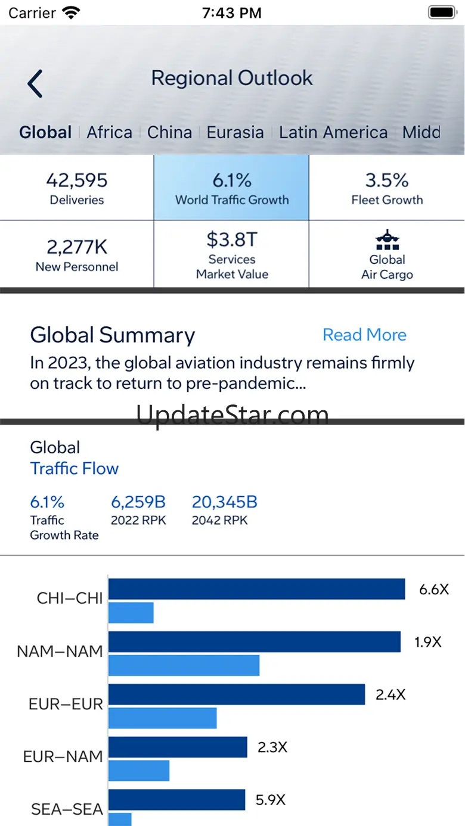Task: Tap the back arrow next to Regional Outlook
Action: click(35, 83)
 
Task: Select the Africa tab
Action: click(110, 132)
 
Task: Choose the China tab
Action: click(170, 132)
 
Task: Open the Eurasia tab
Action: click(235, 132)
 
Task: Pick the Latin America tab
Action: click(333, 132)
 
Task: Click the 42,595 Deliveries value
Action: click(77, 180)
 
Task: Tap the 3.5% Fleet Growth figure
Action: click(387, 180)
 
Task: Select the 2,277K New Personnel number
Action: click(77, 247)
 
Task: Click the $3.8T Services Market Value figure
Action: click(232, 239)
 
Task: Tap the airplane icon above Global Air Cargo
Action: click(387, 240)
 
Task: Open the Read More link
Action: click(364, 335)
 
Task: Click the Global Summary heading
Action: click(113, 335)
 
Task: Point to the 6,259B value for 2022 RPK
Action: click(138, 502)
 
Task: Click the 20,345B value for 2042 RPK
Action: click(224, 502)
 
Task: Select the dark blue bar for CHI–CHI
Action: click(256, 589)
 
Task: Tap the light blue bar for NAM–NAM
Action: click(184, 665)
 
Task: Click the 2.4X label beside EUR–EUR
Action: click(390, 694)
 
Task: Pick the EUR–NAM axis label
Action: click(63, 757)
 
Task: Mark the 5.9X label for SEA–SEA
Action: click(271, 800)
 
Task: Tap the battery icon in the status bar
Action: click(442, 13)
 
